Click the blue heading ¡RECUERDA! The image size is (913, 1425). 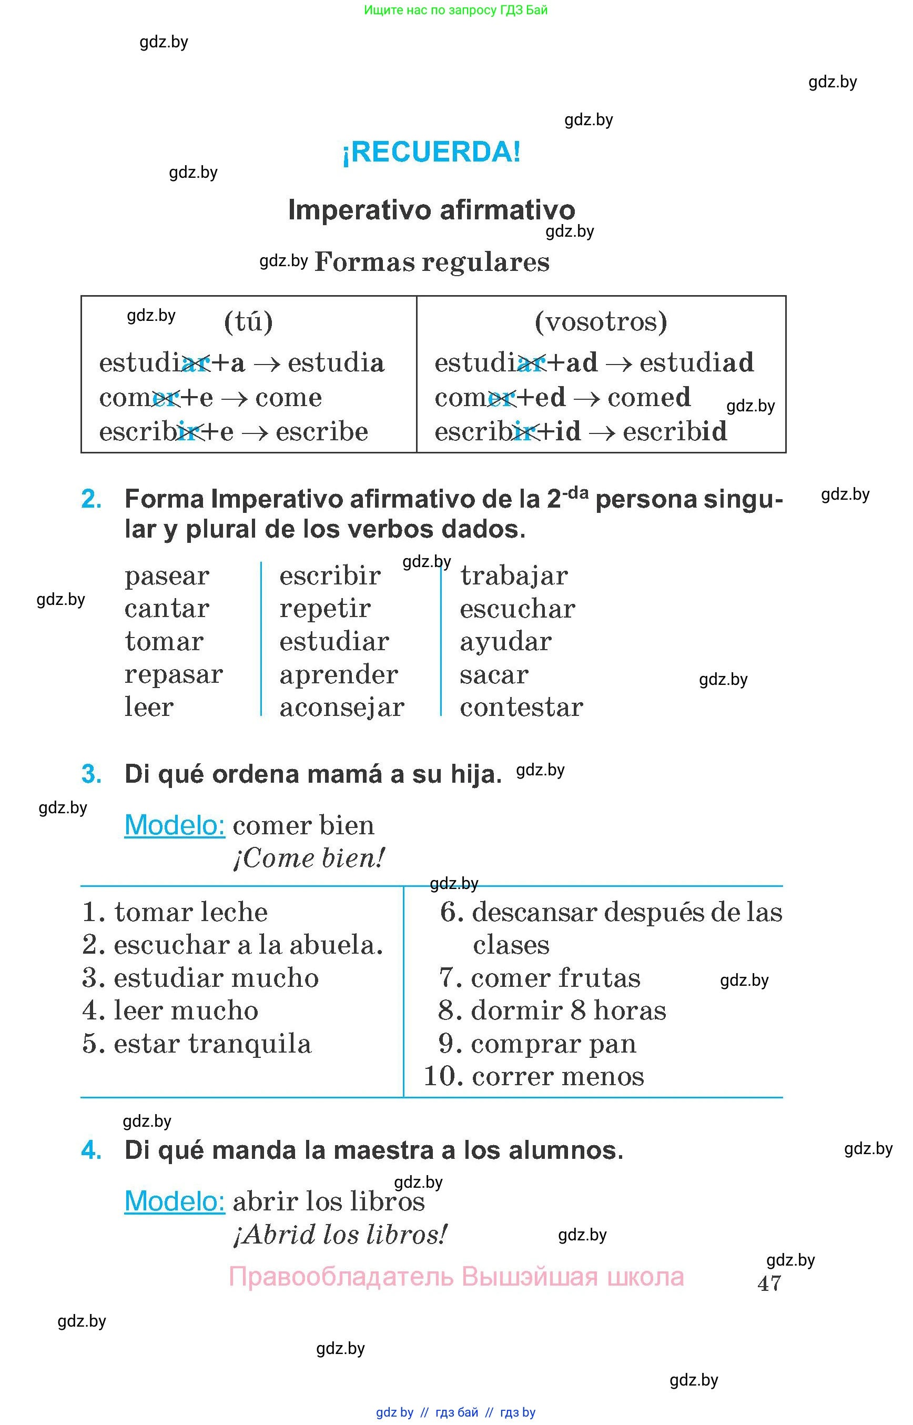click(432, 152)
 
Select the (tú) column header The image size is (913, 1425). click(248, 322)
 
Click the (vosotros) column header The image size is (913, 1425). click(601, 322)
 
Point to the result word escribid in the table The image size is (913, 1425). click(675, 431)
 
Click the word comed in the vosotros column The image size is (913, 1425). click(649, 397)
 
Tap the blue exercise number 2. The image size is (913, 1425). click(92, 499)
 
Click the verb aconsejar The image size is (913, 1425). click(342, 707)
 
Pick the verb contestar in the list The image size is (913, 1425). click(522, 707)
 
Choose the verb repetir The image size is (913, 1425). click(325, 609)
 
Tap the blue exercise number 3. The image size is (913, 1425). click(92, 774)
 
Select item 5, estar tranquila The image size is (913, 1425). click(197, 1044)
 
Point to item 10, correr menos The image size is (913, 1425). click(534, 1076)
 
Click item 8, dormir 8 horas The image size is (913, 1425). click(552, 1010)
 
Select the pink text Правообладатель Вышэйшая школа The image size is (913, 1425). click(457, 1277)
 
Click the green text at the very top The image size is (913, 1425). click(456, 10)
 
